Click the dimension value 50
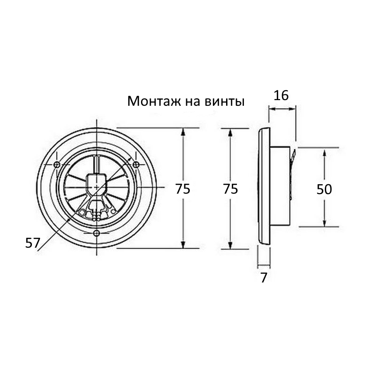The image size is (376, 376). [324, 189]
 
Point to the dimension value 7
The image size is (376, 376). [264, 278]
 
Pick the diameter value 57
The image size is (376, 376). [32, 243]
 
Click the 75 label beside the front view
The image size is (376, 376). [183, 189]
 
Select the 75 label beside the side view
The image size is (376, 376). [230, 189]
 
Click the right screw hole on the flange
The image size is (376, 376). [136, 164]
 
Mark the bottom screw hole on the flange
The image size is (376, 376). [96, 233]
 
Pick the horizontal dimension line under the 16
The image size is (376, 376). [282, 109]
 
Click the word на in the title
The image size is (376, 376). [183, 102]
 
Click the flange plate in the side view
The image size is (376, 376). [264, 188]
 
